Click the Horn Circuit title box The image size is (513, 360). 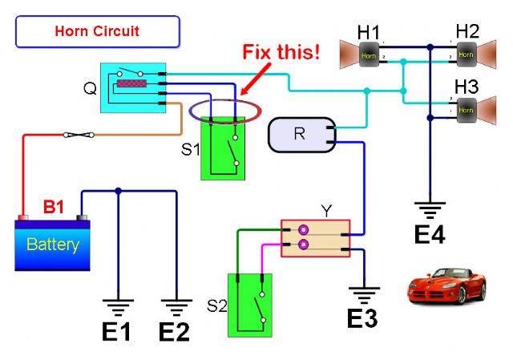[97, 32]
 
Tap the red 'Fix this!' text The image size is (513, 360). [281, 54]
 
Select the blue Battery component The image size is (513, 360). [52, 243]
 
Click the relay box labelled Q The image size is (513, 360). [133, 87]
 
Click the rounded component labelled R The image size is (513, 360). [300, 134]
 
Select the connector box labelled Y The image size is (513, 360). [316, 239]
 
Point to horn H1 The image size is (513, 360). [359, 56]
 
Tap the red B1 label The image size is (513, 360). [54, 207]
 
